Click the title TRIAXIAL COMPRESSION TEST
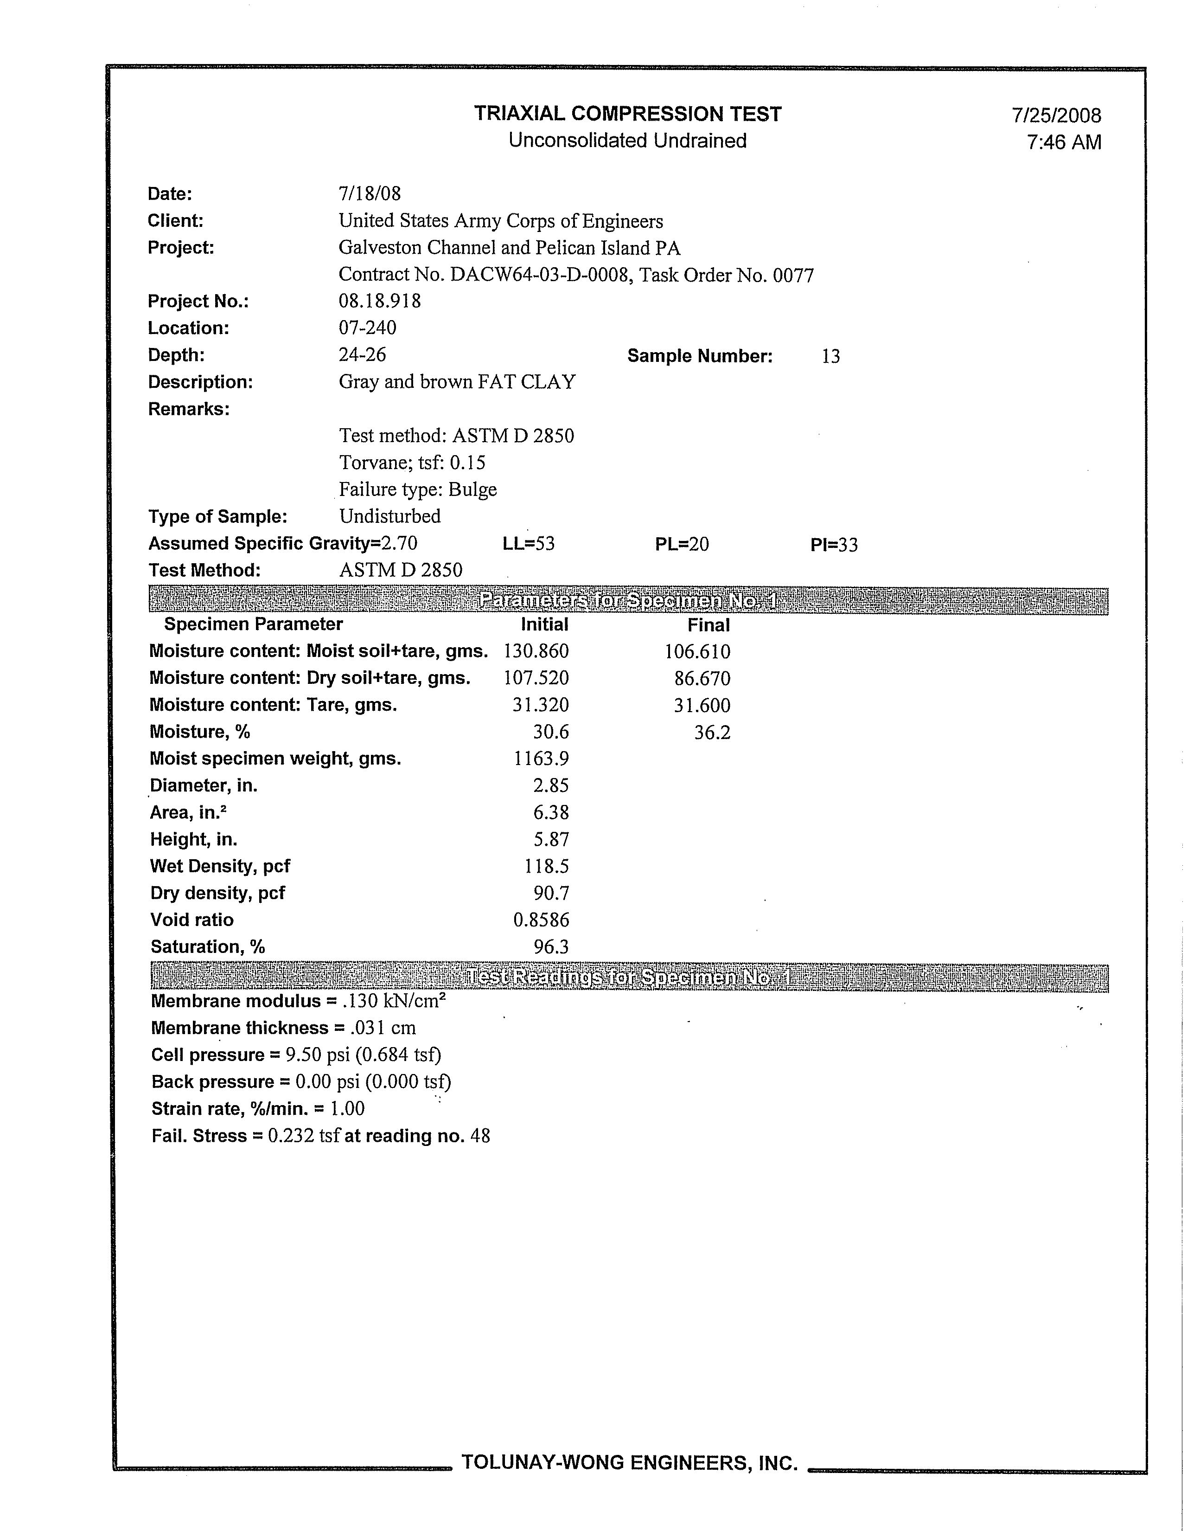pos(627,114)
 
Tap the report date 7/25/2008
pos(1056,116)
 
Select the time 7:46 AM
pos(1064,142)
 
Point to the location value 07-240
pos(367,328)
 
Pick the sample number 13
pos(830,356)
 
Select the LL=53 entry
pos(528,544)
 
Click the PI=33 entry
pos(834,545)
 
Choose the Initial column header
pos(544,624)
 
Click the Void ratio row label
pos(192,920)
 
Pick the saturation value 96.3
pos(551,947)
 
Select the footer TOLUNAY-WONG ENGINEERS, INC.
pos(629,1462)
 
